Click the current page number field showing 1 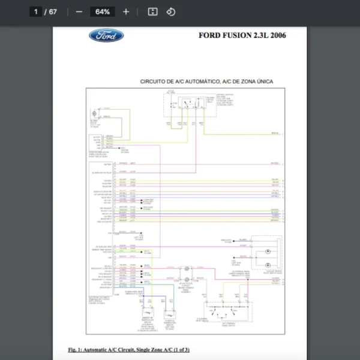[x=37, y=11]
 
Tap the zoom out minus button [x=79, y=11]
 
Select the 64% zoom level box [x=102, y=11]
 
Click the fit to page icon [x=152, y=11]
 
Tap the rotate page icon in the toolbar [x=170, y=11]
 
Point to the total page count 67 [x=53, y=11]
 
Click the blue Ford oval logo [x=106, y=35]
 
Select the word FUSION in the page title [x=237, y=35]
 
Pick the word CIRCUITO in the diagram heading [x=154, y=81]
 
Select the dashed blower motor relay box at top [x=184, y=106]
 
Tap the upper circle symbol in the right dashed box [x=268, y=250]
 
